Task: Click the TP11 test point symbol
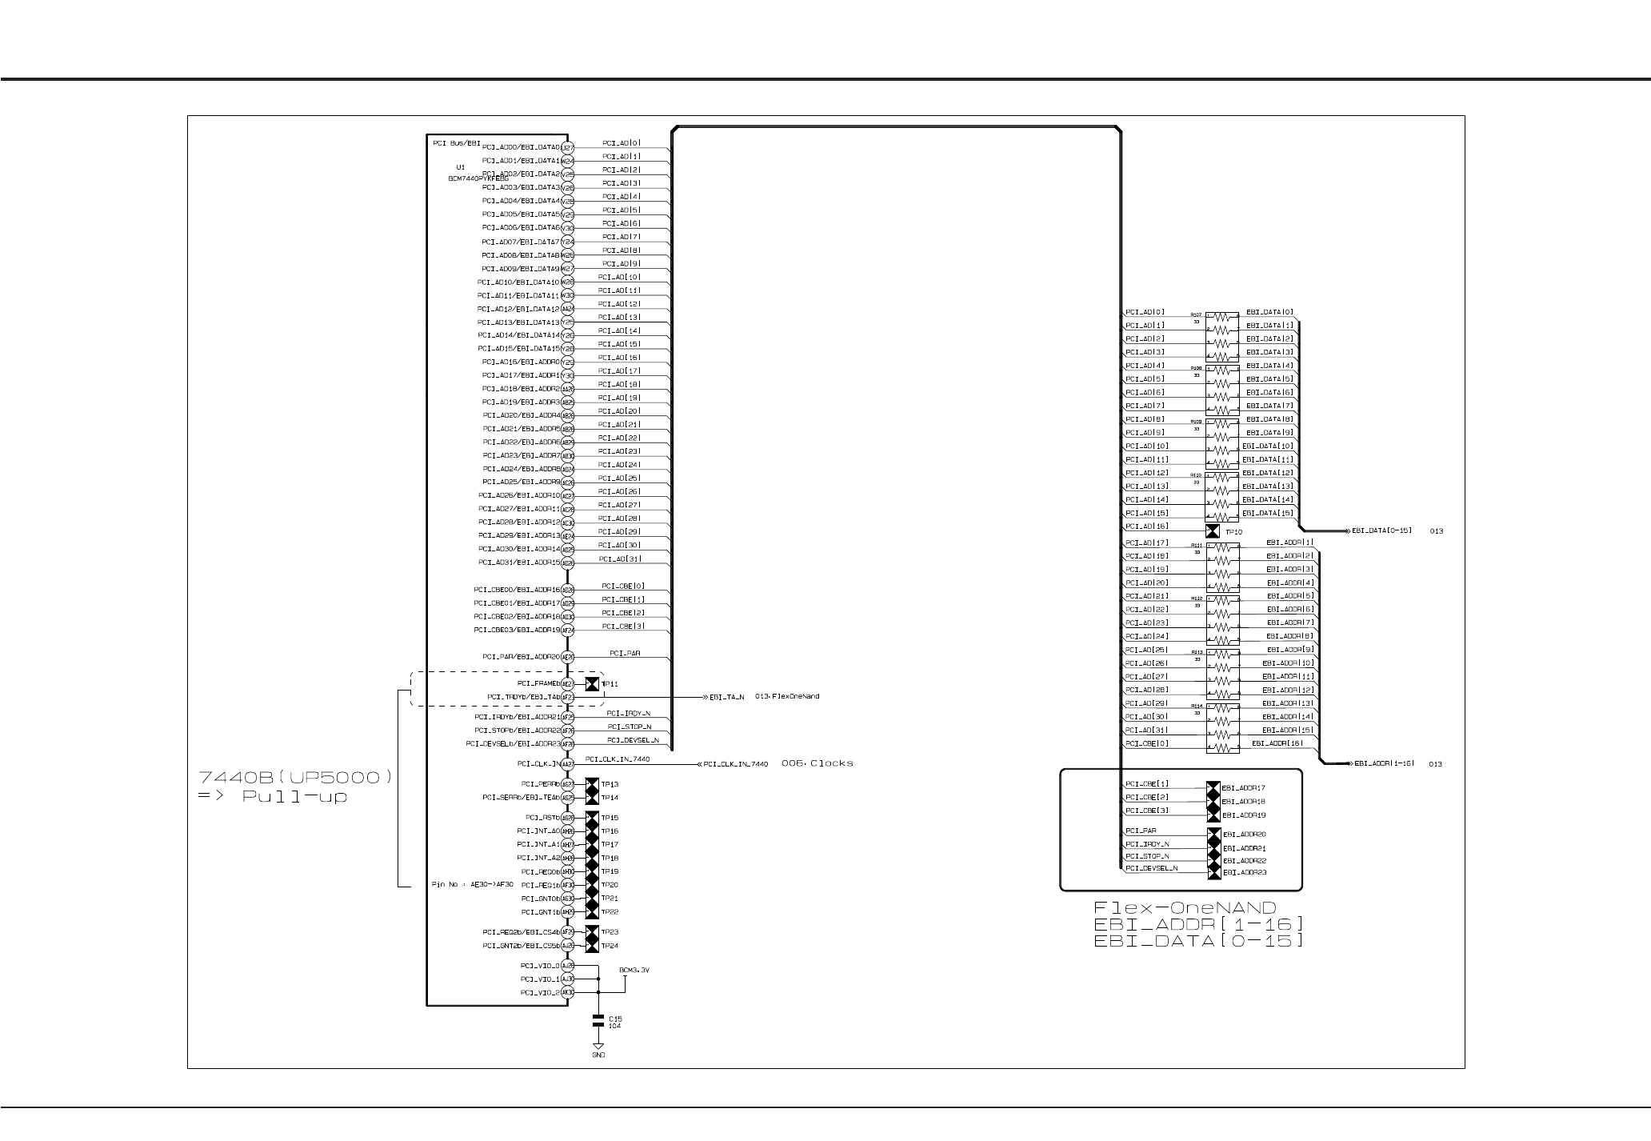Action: tap(592, 684)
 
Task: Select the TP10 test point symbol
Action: tap(1213, 531)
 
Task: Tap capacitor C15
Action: tap(598, 1021)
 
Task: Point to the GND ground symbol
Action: tap(598, 1047)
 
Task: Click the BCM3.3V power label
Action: tap(634, 970)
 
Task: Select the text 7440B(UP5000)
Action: tap(295, 777)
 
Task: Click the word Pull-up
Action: tap(295, 797)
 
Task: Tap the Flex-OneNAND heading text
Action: tap(1185, 907)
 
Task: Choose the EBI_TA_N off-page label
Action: tap(726, 697)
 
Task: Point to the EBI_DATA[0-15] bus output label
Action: tap(1382, 530)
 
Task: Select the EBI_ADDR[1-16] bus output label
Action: tap(1383, 764)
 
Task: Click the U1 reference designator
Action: tap(460, 167)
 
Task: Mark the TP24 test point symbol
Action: tap(592, 946)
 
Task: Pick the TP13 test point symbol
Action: tap(592, 784)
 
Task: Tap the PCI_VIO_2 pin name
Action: tap(540, 993)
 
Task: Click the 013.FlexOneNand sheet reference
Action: tap(787, 696)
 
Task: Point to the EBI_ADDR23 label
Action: tap(1245, 872)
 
